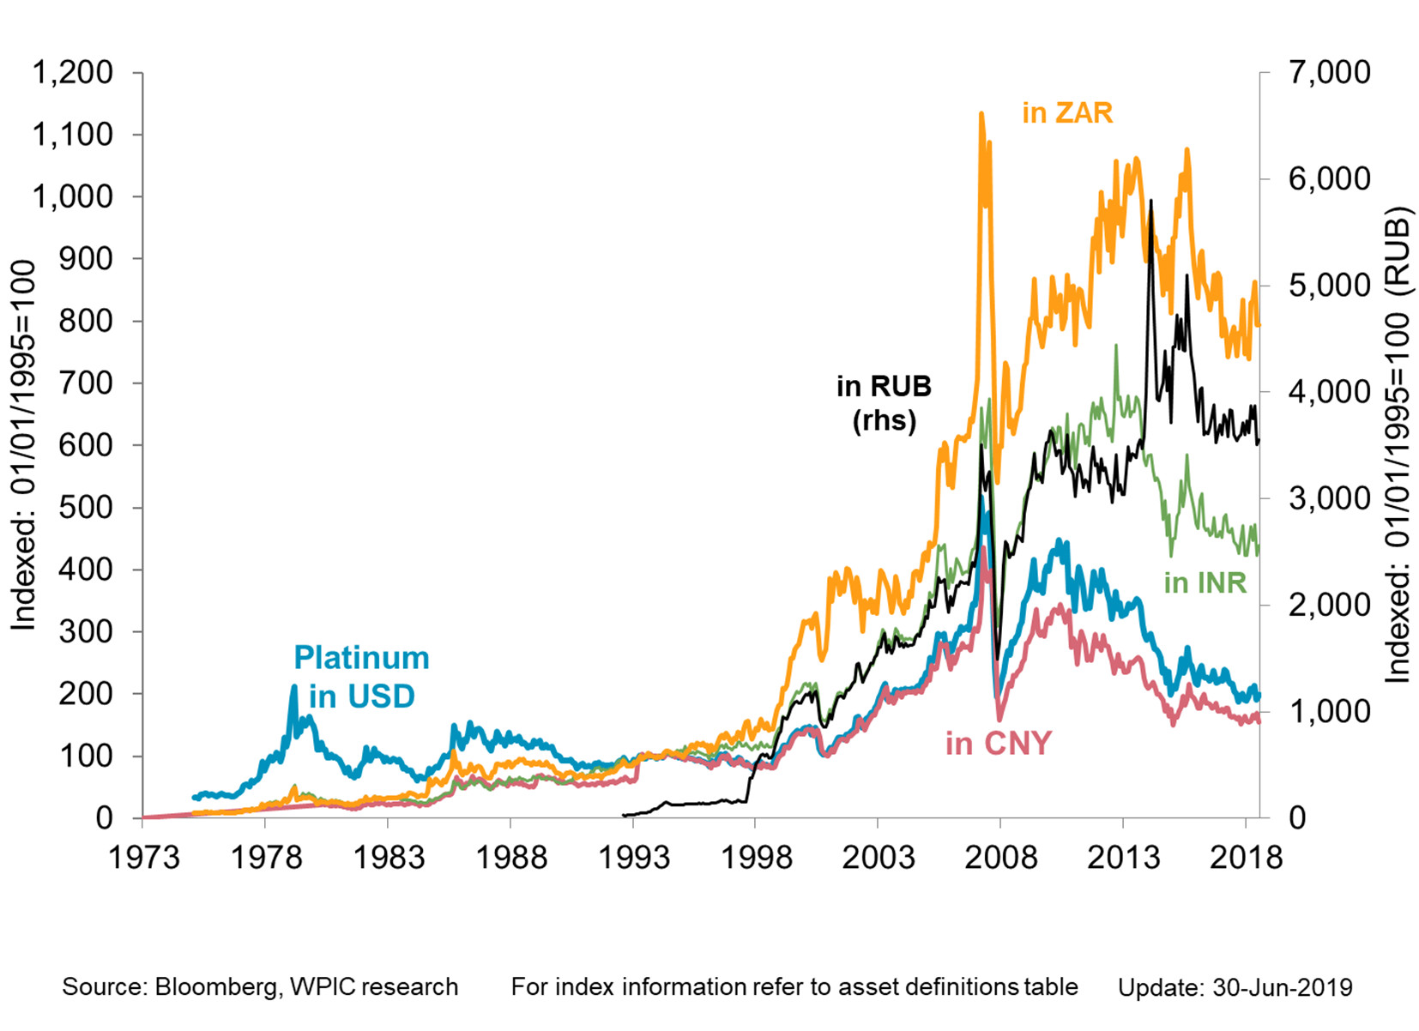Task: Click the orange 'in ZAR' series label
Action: (1066, 113)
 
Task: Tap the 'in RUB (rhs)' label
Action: (884, 403)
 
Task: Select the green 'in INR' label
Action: (1205, 583)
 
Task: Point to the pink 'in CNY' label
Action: (998, 744)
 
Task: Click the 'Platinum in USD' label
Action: (361, 677)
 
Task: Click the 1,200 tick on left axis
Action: (73, 73)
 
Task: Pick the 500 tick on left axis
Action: (85, 507)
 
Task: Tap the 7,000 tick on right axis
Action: (1329, 73)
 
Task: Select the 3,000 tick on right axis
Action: (1329, 498)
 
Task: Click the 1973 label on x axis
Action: (143, 857)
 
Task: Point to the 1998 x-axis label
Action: (755, 857)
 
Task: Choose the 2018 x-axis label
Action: (1245, 857)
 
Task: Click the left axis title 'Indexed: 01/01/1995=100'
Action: (23, 446)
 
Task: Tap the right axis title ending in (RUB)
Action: (1398, 446)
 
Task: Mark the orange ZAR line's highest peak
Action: (981, 114)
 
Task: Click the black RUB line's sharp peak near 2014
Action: (1150, 202)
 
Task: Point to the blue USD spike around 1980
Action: (293, 686)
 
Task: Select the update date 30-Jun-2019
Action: (1282, 988)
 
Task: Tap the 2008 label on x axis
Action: (999, 857)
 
